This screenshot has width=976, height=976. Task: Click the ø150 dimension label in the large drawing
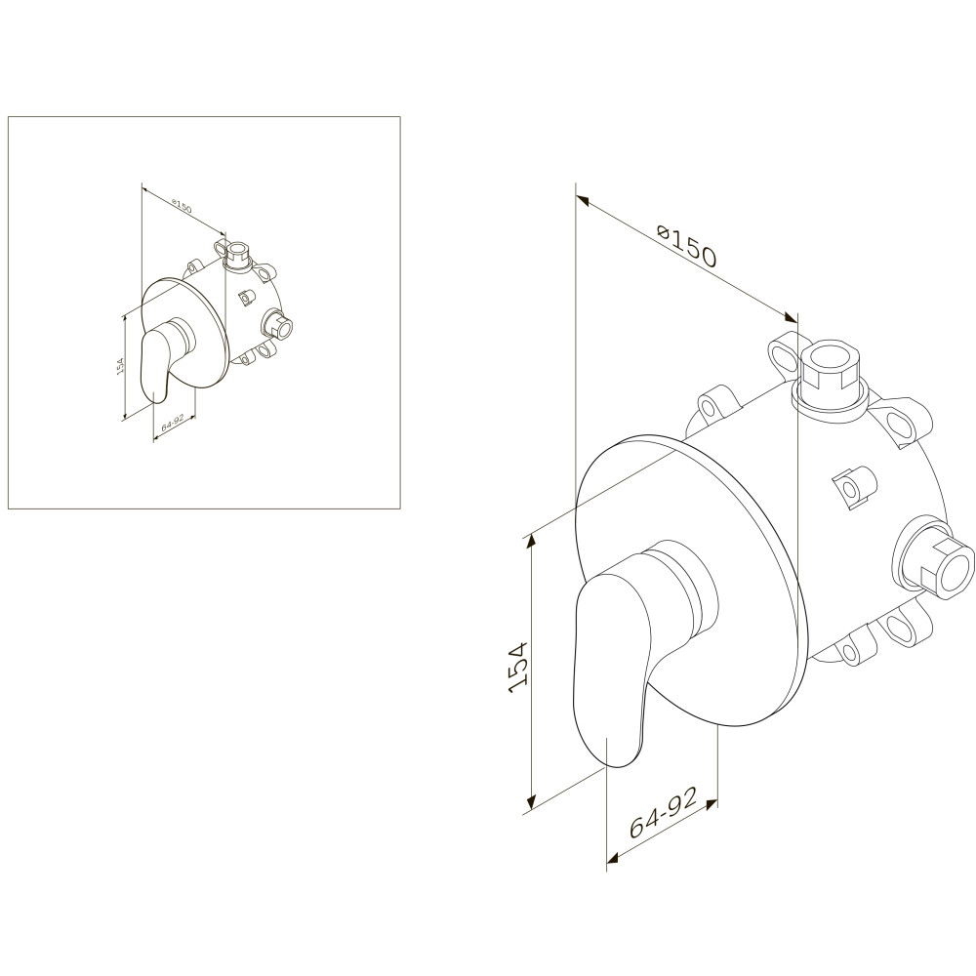point(688,247)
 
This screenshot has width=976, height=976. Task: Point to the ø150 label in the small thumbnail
point(181,205)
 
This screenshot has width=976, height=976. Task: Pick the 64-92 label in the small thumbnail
point(171,426)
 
